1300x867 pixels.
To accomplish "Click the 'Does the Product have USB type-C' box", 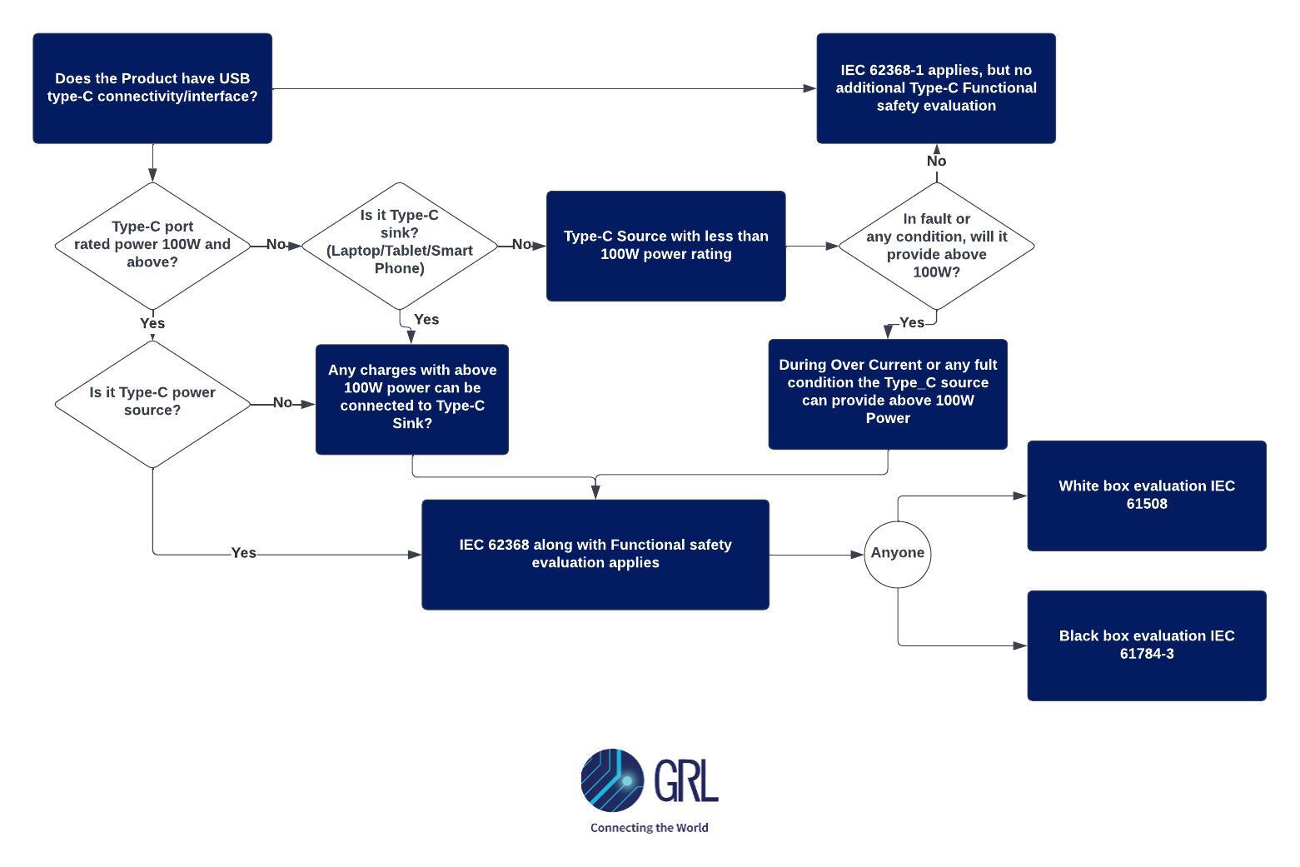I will [x=152, y=88].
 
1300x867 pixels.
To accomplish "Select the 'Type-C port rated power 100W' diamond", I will [x=152, y=245].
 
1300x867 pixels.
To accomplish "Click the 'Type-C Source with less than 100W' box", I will [x=665, y=246].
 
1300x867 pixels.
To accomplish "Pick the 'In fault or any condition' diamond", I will [x=936, y=246].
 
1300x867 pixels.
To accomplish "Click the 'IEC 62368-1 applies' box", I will [x=936, y=88].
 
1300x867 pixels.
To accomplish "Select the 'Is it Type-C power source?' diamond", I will [x=152, y=403].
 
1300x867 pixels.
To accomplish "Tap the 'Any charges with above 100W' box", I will [x=412, y=399].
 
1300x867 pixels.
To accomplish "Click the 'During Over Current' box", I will [x=888, y=394].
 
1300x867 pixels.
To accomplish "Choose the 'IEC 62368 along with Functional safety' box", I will [x=595, y=555].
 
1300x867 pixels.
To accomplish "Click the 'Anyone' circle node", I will [x=898, y=554].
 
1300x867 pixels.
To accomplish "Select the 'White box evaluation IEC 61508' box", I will [x=1147, y=496].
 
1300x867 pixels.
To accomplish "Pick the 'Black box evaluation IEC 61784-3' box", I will [x=1147, y=645].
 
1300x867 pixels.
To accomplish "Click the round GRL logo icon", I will [x=612, y=780].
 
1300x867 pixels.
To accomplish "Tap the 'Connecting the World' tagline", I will [x=650, y=828].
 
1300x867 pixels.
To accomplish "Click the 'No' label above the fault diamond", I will [x=936, y=162].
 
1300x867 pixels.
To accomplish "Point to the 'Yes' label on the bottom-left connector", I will [x=243, y=553].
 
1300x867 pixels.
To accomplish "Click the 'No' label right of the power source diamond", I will [x=282, y=403].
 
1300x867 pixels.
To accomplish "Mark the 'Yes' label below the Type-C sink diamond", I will [x=426, y=320].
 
